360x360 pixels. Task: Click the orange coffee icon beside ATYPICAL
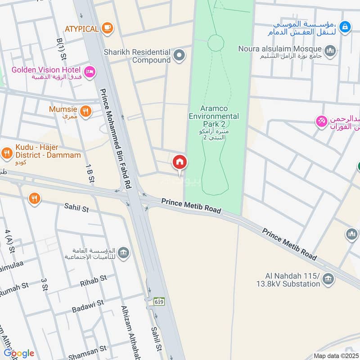click(107, 28)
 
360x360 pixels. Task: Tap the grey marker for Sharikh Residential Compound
click(179, 56)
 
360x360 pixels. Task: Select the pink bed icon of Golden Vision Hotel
click(90, 71)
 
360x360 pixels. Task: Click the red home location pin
click(180, 162)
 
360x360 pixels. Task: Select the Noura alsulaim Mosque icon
click(331, 51)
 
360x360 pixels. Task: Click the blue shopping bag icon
click(345, 27)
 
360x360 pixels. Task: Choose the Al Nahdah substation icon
click(329, 279)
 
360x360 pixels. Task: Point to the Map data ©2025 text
click(335, 355)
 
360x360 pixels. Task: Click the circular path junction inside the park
click(216, 43)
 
